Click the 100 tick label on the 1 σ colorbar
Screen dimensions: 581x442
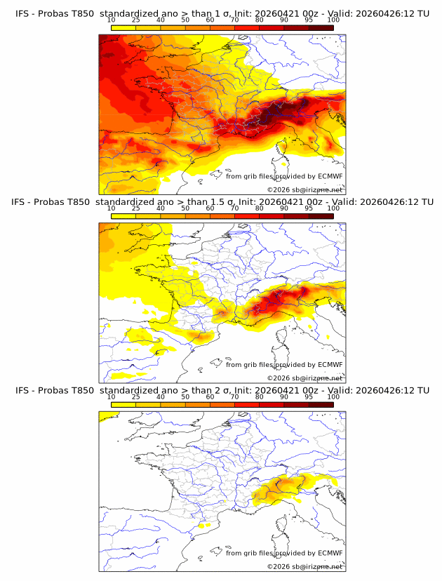tap(333, 20)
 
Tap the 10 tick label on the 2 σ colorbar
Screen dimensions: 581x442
tap(112, 396)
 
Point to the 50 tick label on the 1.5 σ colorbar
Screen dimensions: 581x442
tap(185, 208)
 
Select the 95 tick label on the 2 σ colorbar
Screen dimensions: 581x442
tap(309, 396)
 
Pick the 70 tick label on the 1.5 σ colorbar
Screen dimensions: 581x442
tap(234, 208)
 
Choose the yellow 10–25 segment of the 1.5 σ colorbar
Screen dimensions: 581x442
tap(123, 216)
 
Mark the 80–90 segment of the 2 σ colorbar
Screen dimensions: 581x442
tap(272, 404)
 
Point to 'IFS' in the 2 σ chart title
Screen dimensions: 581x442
tap(22, 390)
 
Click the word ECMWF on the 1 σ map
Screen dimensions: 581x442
tap(330, 176)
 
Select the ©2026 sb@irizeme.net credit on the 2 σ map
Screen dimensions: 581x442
tap(304, 566)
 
